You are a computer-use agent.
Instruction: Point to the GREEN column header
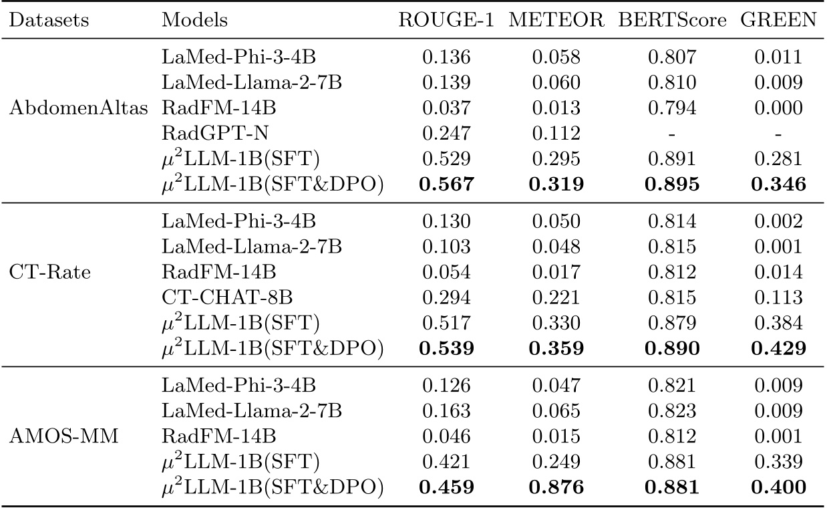click(x=778, y=20)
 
